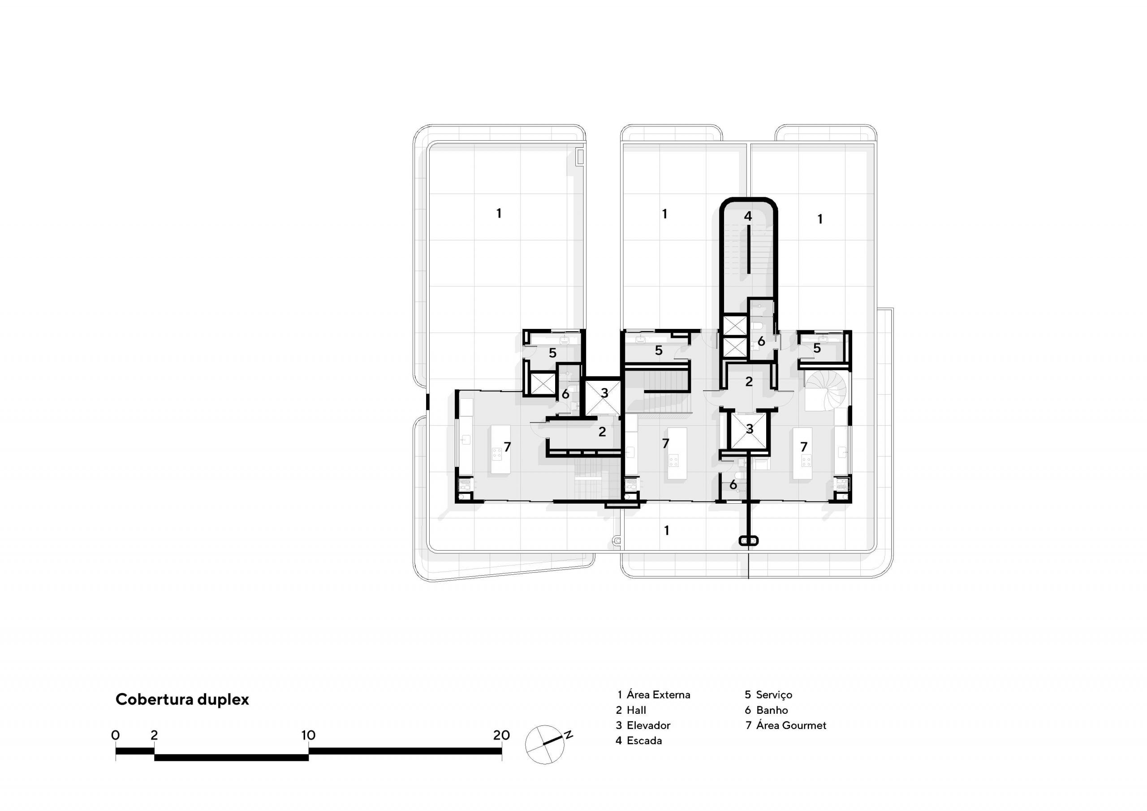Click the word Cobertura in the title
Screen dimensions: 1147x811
click(x=155, y=699)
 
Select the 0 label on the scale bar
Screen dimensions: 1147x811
click(x=116, y=735)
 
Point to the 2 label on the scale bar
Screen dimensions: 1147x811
click(x=154, y=735)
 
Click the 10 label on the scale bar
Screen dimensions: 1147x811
click(x=308, y=735)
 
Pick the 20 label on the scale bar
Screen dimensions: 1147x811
click(x=501, y=735)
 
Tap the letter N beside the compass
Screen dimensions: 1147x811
click(x=569, y=734)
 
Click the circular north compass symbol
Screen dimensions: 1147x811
click(x=544, y=745)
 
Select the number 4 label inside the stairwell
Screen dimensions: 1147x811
click(x=748, y=216)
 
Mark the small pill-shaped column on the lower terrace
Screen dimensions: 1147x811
click(x=748, y=541)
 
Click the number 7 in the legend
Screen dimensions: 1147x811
click(x=748, y=725)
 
